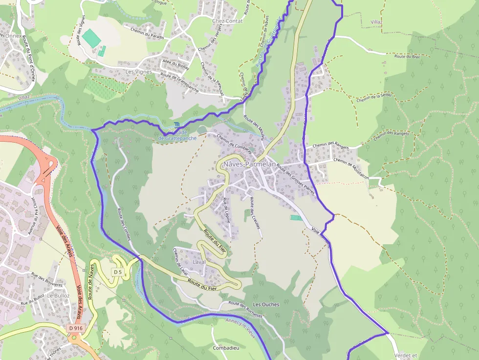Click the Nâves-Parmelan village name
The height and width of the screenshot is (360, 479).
click(x=249, y=165)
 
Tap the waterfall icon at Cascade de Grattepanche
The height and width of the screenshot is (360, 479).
click(x=176, y=126)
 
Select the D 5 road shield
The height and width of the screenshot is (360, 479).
click(x=117, y=272)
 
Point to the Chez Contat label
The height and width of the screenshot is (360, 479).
click(x=227, y=21)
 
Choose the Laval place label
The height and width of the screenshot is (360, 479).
click(x=199, y=262)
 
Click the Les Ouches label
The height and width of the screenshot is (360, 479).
click(x=266, y=304)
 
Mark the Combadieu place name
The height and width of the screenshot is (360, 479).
click(x=226, y=348)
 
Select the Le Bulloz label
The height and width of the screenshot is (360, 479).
click(x=58, y=296)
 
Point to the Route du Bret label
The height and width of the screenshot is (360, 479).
click(x=407, y=56)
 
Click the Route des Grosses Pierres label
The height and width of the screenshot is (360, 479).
click(x=295, y=180)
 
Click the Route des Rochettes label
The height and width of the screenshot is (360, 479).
click(x=245, y=309)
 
